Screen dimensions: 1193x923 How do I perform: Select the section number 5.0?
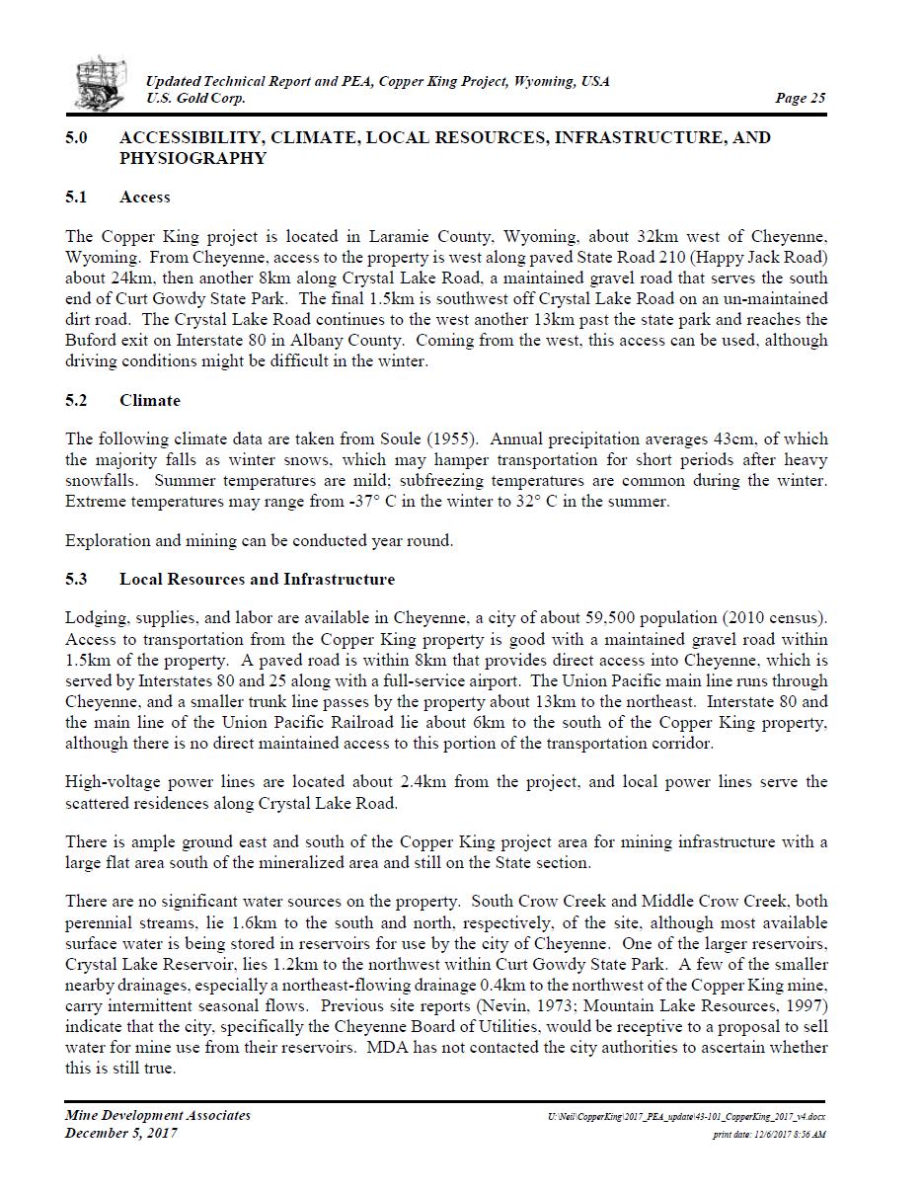(77, 137)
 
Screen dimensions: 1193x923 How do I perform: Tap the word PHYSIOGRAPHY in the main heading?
(192, 158)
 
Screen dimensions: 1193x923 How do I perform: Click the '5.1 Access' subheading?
(117, 197)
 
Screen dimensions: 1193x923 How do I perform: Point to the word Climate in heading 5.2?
(150, 400)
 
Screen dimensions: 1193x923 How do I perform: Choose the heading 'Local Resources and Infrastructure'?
(257, 579)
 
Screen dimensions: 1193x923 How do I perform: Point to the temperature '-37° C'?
(349, 501)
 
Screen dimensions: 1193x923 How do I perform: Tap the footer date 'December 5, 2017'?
(121, 1133)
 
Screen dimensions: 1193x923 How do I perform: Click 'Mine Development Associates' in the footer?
(158, 1115)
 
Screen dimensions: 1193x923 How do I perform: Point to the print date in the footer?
(769, 1135)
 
